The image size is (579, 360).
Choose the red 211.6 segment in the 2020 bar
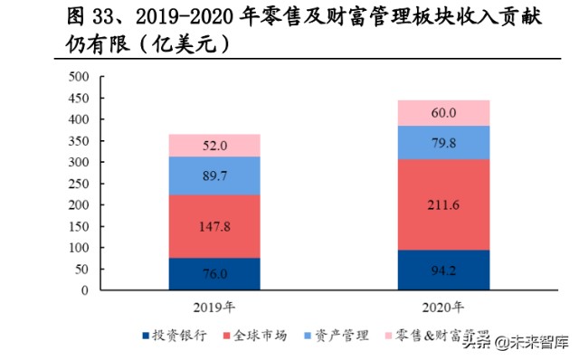coord(443,204)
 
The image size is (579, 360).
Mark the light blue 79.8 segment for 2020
coord(443,142)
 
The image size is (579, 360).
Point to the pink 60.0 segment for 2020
coord(443,113)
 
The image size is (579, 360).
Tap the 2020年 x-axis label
coord(443,305)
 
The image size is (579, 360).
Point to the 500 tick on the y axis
coord(79,76)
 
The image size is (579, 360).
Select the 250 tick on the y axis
coord(79,184)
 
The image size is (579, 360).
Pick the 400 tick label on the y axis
coord(79,119)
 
